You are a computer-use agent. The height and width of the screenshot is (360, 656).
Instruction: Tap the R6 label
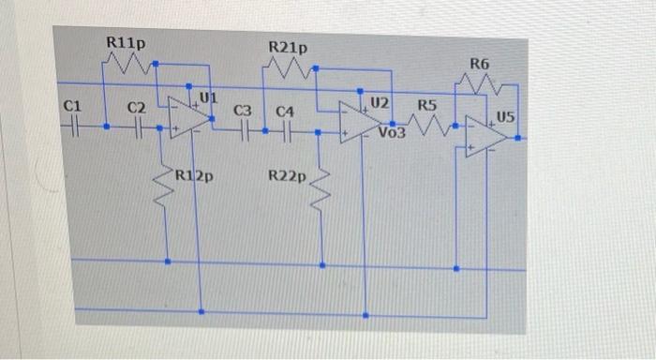coord(479,64)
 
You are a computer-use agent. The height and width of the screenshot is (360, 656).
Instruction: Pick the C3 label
coord(242,112)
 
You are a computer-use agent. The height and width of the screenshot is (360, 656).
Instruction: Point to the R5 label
coord(427,104)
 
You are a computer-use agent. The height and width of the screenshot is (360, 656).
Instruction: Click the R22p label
coord(286,175)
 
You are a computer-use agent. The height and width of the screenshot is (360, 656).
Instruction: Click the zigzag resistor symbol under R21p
coord(291,68)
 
